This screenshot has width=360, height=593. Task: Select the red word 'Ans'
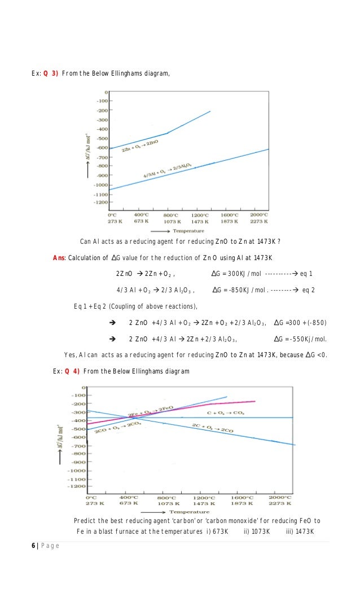pyautogui.click(x=59, y=258)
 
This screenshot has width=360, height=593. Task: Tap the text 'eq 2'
pyautogui.click(x=309, y=290)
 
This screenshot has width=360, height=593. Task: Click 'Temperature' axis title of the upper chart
pyautogui.click(x=188, y=231)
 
